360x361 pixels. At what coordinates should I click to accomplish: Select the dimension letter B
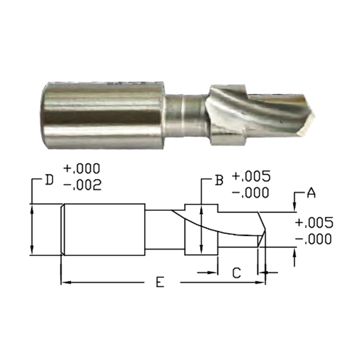tap(219, 180)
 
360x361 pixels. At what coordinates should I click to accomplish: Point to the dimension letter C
tap(236, 273)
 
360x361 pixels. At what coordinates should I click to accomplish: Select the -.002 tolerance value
tap(82, 185)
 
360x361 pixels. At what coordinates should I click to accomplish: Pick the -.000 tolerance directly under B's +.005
tap(251, 193)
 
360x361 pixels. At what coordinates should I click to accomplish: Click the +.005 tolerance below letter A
tap(313, 223)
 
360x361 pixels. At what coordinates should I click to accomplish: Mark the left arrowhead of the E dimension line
tap(64, 282)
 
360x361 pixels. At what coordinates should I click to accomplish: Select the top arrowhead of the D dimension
tap(32, 208)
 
